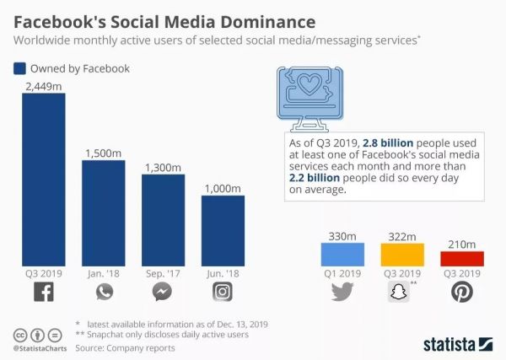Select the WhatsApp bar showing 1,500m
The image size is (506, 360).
pyautogui.click(x=103, y=212)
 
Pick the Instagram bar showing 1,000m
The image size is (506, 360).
pyautogui.click(x=223, y=229)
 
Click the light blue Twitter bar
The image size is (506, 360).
pyautogui.click(x=342, y=254)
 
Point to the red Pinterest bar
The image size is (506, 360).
pyautogui.click(x=461, y=258)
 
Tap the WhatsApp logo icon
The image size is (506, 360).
pyautogui.click(x=103, y=292)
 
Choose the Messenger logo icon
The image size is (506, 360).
pyautogui.click(x=163, y=292)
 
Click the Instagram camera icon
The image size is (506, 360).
pyautogui.click(x=223, y=292)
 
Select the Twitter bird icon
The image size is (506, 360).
pyautogui.click(x=342, y=292)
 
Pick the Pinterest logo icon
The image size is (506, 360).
pyautogui.click(x=461, y=292)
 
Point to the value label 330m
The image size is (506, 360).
pyautogui.click(x=342, y=234)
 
